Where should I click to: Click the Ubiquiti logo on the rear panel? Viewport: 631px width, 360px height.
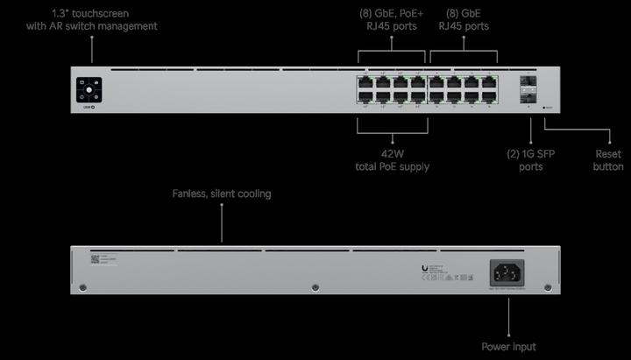click(425, 269)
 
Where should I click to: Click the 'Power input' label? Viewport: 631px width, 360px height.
click(508, 347)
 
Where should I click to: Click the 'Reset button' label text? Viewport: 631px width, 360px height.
click(608, 159)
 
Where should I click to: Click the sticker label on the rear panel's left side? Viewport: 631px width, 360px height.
click(103, 261)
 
